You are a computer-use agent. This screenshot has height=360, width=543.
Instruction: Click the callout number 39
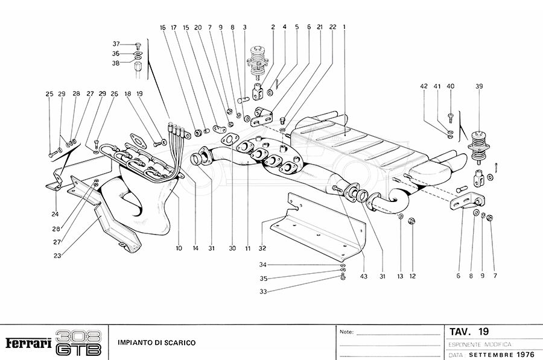click(x=479, y=86)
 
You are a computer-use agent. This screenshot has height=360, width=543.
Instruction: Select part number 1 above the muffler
click(x=345, y=27)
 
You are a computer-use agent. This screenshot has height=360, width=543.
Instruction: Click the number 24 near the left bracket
click(x=56, y=213)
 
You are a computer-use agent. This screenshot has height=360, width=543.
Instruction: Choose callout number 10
click(x=179, y=248)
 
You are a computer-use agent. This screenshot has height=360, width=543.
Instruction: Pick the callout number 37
click(x=116, y=44)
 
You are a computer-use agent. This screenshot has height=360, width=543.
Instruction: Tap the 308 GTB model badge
click(x=78, y=342)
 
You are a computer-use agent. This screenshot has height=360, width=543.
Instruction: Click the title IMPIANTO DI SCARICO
click(x=156, y=343)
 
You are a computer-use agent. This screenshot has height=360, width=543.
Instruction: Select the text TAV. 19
click(x=469, y=332)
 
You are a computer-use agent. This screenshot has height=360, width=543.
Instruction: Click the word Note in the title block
click(x=346, y=332)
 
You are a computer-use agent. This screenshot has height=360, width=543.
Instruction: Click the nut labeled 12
click(x=411, y=220)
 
